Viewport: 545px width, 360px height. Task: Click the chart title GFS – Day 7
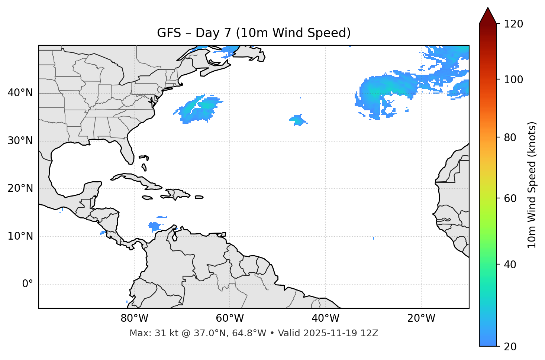click(x=254, y=33)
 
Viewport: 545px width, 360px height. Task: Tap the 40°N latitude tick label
click(x=20, y=93)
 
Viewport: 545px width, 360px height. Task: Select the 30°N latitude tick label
click(x=20, y=141)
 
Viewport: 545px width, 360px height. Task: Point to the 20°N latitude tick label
click(x=20, y=188)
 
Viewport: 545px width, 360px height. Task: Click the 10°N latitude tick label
click(x=20, y=236)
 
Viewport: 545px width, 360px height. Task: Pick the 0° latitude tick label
click(x=28, y=284)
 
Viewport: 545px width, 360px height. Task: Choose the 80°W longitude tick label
click(x=134, y=318)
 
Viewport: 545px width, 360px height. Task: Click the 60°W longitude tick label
click(x=230, y=318)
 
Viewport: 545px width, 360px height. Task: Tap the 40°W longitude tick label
click(x=325, y=318)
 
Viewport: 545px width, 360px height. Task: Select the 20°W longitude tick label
click(x=421, y=318)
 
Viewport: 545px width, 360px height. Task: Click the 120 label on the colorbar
click(x=514, y=24)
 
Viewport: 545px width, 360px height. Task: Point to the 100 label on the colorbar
click(x=514, y=80)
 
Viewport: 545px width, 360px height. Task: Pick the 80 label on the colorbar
click(x=512, y=137)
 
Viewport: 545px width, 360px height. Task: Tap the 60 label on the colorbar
click(x=512, y=198)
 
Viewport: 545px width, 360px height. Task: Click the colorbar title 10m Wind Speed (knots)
click(x=532, y=185)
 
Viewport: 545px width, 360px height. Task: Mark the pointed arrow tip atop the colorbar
click(x=488, y=8)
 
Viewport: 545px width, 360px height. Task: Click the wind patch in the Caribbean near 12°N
click(x=154, y=226)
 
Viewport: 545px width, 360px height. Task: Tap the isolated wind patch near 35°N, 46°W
click(x=297, y=120)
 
